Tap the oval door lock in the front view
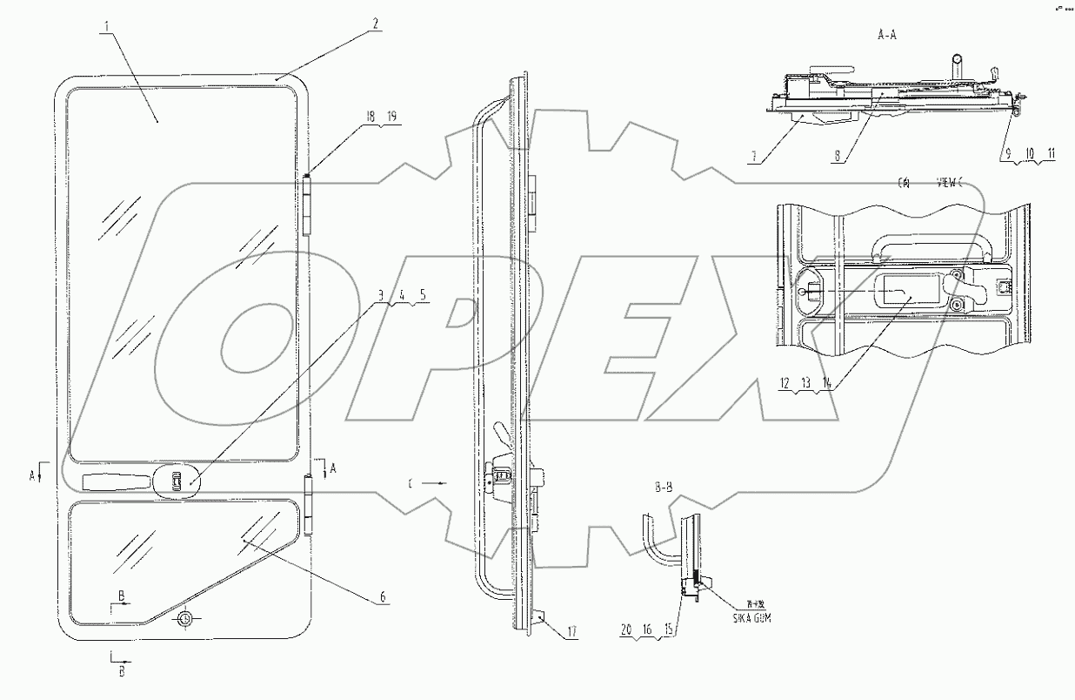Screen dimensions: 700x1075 point(176,480)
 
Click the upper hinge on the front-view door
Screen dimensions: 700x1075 point(308,203)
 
